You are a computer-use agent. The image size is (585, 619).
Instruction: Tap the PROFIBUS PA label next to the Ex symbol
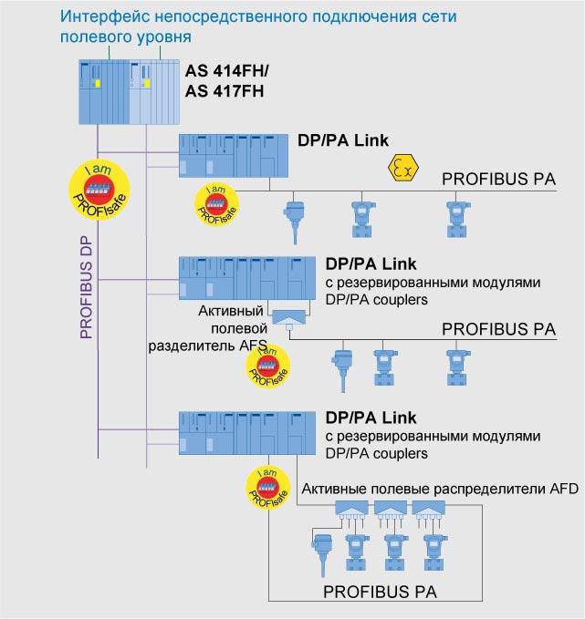[x=498, y=179]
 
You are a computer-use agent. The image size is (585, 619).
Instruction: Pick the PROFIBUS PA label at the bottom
[x=380, y=592]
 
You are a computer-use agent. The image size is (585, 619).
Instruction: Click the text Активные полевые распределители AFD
[x=439, y=489]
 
